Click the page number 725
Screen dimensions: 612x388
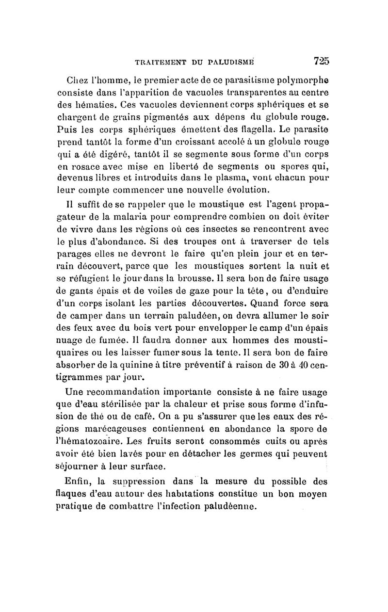point(321,61)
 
